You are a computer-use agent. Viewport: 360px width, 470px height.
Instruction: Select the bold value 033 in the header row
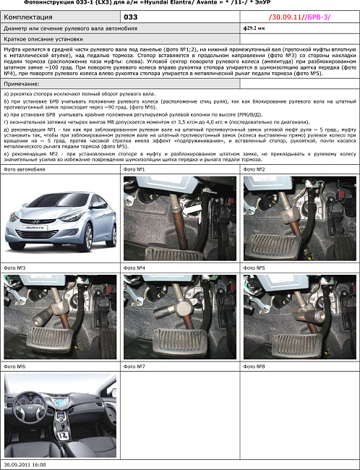pos(130,15)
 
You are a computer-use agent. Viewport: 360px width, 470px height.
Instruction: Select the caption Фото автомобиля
pos(25,169)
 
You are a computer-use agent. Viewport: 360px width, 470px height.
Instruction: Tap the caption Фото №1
pos(135,169)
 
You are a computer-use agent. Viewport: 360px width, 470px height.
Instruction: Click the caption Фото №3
pos(15,268)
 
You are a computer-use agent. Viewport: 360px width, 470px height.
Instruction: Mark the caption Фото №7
pos(135,367)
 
